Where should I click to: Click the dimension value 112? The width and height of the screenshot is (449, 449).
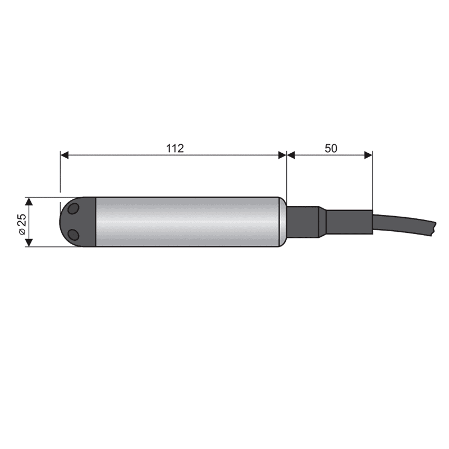175,148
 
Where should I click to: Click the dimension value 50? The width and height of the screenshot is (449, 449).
331,148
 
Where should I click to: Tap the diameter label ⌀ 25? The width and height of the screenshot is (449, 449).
22,224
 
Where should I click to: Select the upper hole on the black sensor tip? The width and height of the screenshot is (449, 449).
74,208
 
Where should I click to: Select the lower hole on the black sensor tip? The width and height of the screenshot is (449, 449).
74,235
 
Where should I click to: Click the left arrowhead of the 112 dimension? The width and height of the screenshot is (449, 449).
65,155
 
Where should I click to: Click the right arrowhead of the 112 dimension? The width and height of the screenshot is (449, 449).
282,155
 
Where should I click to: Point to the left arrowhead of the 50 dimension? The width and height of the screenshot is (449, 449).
291,155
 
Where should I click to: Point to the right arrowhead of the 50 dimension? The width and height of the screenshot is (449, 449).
368,155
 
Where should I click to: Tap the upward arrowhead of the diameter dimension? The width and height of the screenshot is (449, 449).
29,201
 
